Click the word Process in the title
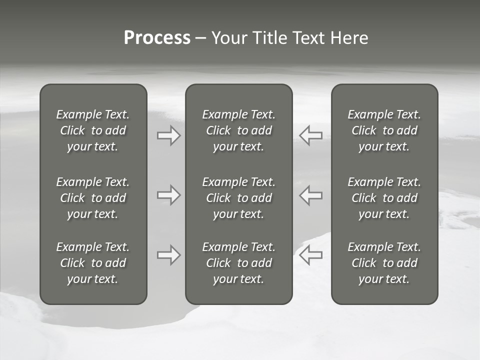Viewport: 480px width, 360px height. [157, 38]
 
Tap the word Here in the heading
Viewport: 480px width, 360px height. [349, 38]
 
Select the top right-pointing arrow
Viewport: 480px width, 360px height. [169, 135]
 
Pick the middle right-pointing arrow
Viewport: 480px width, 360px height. [169, 195]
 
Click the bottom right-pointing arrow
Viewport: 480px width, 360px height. [169, 255]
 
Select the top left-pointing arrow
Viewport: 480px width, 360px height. [310, 135]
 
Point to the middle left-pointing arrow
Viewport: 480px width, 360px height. [310, 195]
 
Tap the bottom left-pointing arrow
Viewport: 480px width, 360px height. [310, 255]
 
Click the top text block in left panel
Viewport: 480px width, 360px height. [93, 130]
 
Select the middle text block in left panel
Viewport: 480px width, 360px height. [93, 198]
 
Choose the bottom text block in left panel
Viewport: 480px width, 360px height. [93, 263]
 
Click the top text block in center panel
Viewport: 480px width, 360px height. [238, 130]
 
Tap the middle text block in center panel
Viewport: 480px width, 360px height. [238, 198]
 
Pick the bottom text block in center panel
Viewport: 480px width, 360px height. [238, 263]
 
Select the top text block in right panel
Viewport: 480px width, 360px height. [384, 130]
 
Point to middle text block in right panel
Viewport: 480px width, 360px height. [384, 198]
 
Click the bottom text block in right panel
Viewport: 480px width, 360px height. [384, 263]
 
